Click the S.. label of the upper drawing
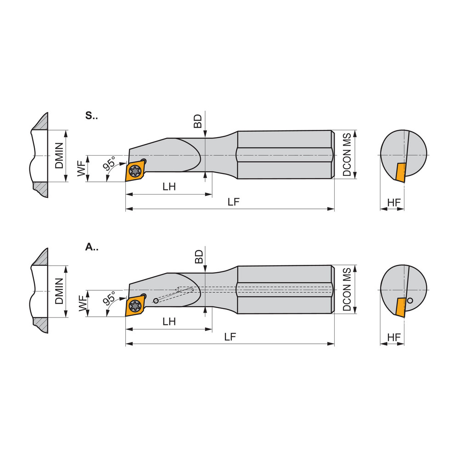point(91,116)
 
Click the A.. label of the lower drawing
point(91,247)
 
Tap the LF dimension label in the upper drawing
point(234,202)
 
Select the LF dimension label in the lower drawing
point(230,337)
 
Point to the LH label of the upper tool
point(169,187)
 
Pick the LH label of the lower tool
point(169,321)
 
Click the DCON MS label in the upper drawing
point(347,155)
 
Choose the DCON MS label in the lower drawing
point(347,289)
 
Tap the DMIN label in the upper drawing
point(59,156)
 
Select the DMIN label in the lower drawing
point(59,291)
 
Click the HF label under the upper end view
point(393,202)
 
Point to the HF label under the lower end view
point(393,337)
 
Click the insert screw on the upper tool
point(135,171)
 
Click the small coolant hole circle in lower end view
point(410,301)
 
